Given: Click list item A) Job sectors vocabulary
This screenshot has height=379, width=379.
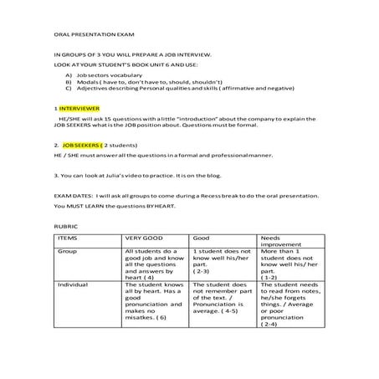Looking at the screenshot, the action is coord(110,74).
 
